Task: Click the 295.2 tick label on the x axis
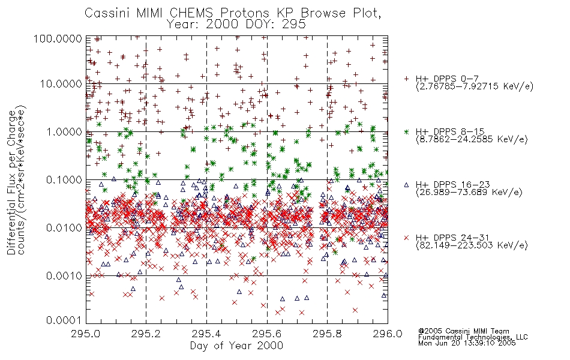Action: tap(146, 334)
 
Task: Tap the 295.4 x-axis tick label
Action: tap(206, 334)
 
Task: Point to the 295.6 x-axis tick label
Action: tap(267, 334)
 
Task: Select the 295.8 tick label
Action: tap(327, 334)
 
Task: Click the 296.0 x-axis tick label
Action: tap(388, 334)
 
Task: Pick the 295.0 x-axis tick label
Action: tap(86, 334)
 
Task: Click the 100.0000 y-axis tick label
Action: tap(58, 38)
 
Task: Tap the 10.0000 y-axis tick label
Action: tap(61, 84)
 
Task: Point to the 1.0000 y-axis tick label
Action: tap(64, 131)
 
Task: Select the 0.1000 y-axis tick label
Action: tap(64, 179)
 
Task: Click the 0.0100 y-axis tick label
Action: tap(64, 228)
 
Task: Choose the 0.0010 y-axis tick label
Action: tap(64, 276)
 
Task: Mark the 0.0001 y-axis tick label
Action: tap(64, 320)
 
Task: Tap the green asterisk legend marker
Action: tap(406, 131)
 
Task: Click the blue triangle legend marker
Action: tap(406, 185)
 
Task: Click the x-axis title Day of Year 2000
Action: tap(236, 346)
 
